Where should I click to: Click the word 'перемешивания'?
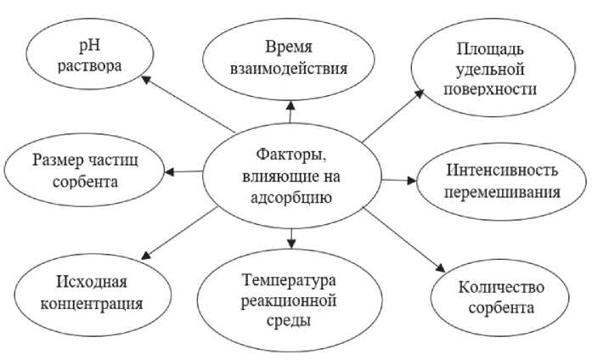[499, 191]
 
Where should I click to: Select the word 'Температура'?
[290, 280]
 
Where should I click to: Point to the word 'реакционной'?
[290, 301]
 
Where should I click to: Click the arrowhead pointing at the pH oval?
[145, 78]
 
